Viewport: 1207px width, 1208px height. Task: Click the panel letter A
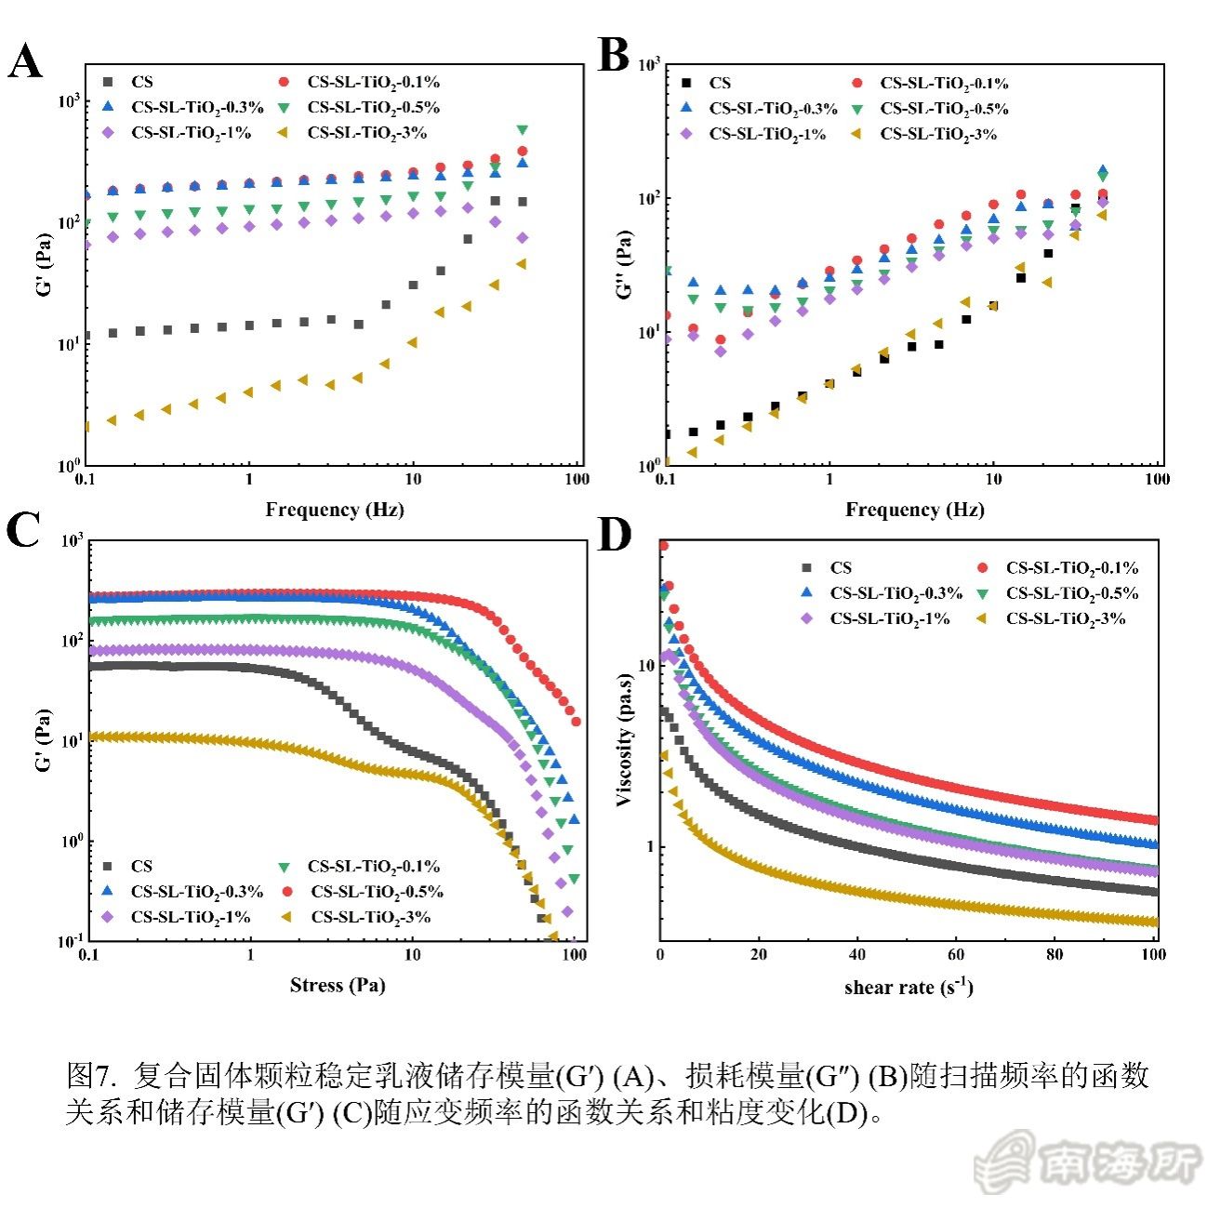(x=25, y=63)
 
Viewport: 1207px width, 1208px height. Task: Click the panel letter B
(x=613, y=55)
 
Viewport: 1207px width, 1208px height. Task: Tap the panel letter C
(x=23, y=532)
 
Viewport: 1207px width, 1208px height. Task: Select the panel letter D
(x=615, y=535)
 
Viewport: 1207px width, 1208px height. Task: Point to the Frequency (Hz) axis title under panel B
(x=914, y=510)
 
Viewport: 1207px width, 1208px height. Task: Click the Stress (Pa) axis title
(x=337, y=985)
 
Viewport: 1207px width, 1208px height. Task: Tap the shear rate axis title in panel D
(x=909, y=987)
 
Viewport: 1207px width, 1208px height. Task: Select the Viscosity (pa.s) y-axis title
(x=625, y=740)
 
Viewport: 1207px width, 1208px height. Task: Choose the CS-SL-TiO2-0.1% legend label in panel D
(x=1071, y=568)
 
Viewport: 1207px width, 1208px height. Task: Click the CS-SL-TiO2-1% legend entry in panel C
(x=191, y=917)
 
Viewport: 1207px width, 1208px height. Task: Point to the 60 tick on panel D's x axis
(x=956, y=954)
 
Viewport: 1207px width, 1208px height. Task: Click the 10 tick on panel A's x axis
(x=413, y=479)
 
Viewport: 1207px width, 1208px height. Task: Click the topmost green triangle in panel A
(x=523, y=129)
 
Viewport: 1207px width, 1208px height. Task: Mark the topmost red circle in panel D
(x=663, y=546)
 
